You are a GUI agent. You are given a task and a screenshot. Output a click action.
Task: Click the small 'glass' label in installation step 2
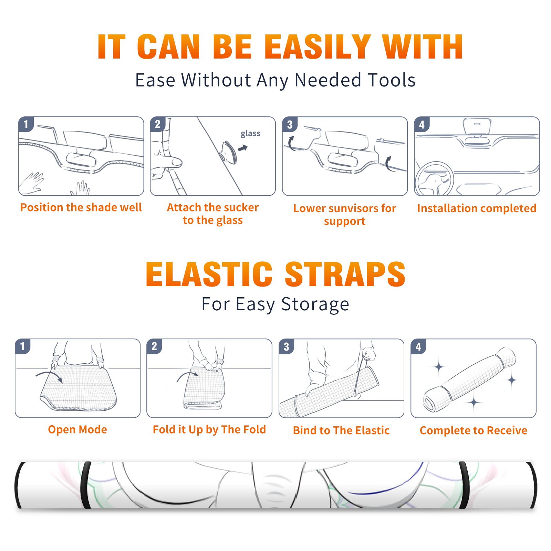[x=250, y=134]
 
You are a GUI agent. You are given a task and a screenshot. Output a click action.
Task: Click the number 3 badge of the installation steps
[x=290, y=124]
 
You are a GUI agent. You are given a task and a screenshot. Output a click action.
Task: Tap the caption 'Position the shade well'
[x=81, y=207]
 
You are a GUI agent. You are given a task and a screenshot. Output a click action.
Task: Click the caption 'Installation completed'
[x=477, y=208]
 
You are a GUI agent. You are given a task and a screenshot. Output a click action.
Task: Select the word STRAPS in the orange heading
[x=345, y=274]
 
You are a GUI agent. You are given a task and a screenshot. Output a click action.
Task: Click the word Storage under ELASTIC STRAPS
[x=315, y=304]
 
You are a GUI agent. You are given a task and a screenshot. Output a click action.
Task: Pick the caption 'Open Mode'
[x=77, y=429]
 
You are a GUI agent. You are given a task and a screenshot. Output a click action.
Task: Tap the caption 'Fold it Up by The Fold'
[x=209, y=429]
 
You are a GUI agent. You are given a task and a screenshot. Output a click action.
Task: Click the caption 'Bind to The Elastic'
[x=341, y=430]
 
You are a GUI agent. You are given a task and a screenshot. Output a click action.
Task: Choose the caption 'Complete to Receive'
[x=474, y=430]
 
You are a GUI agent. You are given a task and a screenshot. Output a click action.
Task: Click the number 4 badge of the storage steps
[x=418, y=346]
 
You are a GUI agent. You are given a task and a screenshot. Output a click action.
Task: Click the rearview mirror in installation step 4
[x=477, y=126]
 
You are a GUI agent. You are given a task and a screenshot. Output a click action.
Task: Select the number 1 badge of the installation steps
[x=26, y=124]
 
